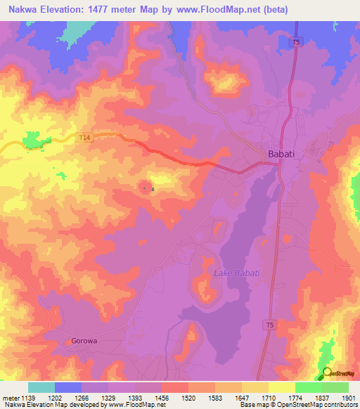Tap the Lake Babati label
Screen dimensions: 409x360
pos(237,273)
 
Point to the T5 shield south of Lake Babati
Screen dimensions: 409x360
pos(270,324)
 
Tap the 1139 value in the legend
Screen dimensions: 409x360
pos(28,397)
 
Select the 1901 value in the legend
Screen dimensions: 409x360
pos(349,397)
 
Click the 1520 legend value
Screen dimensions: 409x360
pos(188,397)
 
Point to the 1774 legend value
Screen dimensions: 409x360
pos(295,397)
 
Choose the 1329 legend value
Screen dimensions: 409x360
pos(108,397)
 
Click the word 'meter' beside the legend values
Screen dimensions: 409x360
pos(9,397)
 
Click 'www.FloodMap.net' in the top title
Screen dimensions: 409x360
pos(220,9)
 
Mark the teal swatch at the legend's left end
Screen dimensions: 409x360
pos(41,387)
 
